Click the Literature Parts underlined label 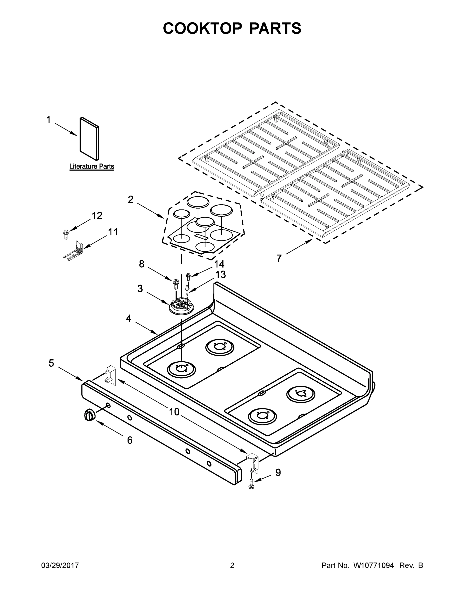pos(92,167)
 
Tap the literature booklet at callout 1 pos(89,139)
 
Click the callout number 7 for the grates pos(279,258)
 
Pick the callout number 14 pos(219,264)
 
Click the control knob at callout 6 pos(89,415)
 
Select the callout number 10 pos(174,412)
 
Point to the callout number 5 pos(52,363)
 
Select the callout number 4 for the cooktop pos(128,319)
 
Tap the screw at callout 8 pos(175,283)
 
